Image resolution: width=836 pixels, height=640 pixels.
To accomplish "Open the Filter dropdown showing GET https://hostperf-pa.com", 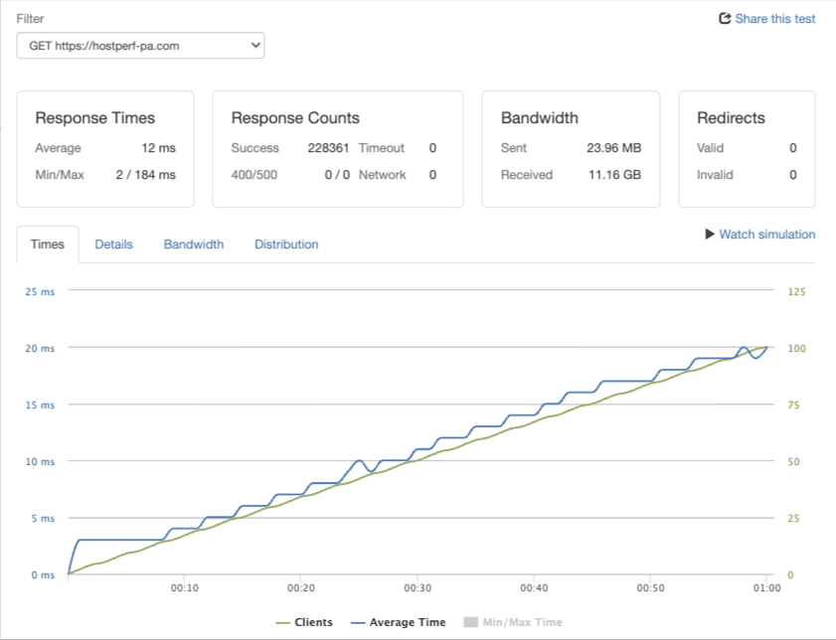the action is pos(141,46).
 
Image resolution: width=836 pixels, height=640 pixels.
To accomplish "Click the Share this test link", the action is pos(767,19).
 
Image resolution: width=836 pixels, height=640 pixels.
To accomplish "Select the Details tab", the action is pos(113,244).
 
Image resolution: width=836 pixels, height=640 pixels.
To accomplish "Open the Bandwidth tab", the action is pos(194,244).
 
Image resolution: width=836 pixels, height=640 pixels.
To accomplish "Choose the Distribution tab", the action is pos(286,244).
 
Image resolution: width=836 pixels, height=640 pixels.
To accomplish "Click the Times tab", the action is pos(48,244).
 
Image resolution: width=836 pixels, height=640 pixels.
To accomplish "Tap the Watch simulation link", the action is pos(760,235).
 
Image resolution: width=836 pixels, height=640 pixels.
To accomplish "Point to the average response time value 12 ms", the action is pos(158,148).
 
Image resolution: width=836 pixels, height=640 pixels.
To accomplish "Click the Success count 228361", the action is pos(328,148).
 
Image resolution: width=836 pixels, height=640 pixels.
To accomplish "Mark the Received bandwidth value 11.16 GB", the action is pos(614,175).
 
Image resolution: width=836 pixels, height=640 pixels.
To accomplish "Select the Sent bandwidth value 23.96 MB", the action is pos(614,148).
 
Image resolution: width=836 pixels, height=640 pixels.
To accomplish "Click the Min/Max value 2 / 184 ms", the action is pos(145,175).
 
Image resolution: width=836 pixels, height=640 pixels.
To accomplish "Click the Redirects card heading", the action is pos(731,118).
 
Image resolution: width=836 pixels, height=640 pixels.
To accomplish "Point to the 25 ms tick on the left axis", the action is pos(40,292).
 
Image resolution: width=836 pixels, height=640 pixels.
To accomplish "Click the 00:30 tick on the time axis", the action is pos(418,588).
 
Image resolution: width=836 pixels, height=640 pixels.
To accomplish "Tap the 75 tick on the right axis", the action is pos(793,405).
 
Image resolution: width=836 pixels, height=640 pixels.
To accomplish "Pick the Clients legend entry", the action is pos(304,622).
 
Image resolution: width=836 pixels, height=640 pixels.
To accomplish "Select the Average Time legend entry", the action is pos(398,622).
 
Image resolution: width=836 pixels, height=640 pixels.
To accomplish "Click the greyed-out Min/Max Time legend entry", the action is pos(513,622).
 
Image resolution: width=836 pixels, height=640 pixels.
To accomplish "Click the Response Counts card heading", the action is pos(295,118).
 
